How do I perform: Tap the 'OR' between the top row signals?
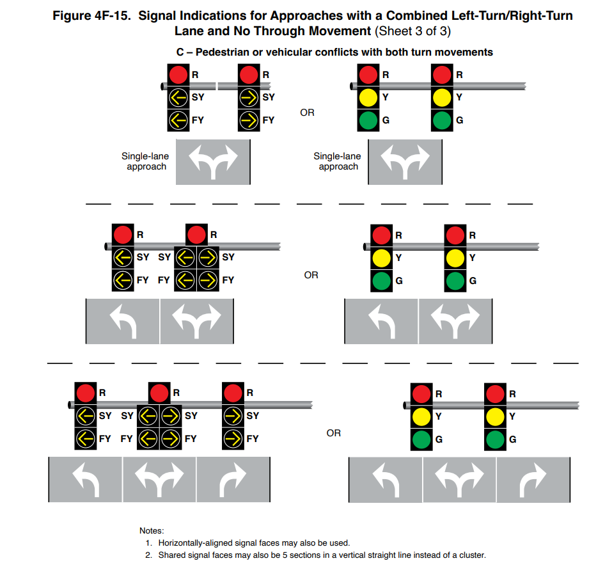(x=307, y=113)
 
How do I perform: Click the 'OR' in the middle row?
(x=311, y=275)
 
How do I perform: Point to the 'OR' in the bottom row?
(x=334, y=433)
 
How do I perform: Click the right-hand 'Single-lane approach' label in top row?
(x=337, y=161)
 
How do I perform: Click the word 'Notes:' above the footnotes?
(x=152, y=530)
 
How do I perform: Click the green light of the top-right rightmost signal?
(x=441, y=120)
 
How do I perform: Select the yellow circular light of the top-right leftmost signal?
(x=368, y=98)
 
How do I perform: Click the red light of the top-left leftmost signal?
(x=178, y=75)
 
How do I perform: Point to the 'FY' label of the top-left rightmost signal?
(x=269, y=120)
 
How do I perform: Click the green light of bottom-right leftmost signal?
(x=421, y=439)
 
